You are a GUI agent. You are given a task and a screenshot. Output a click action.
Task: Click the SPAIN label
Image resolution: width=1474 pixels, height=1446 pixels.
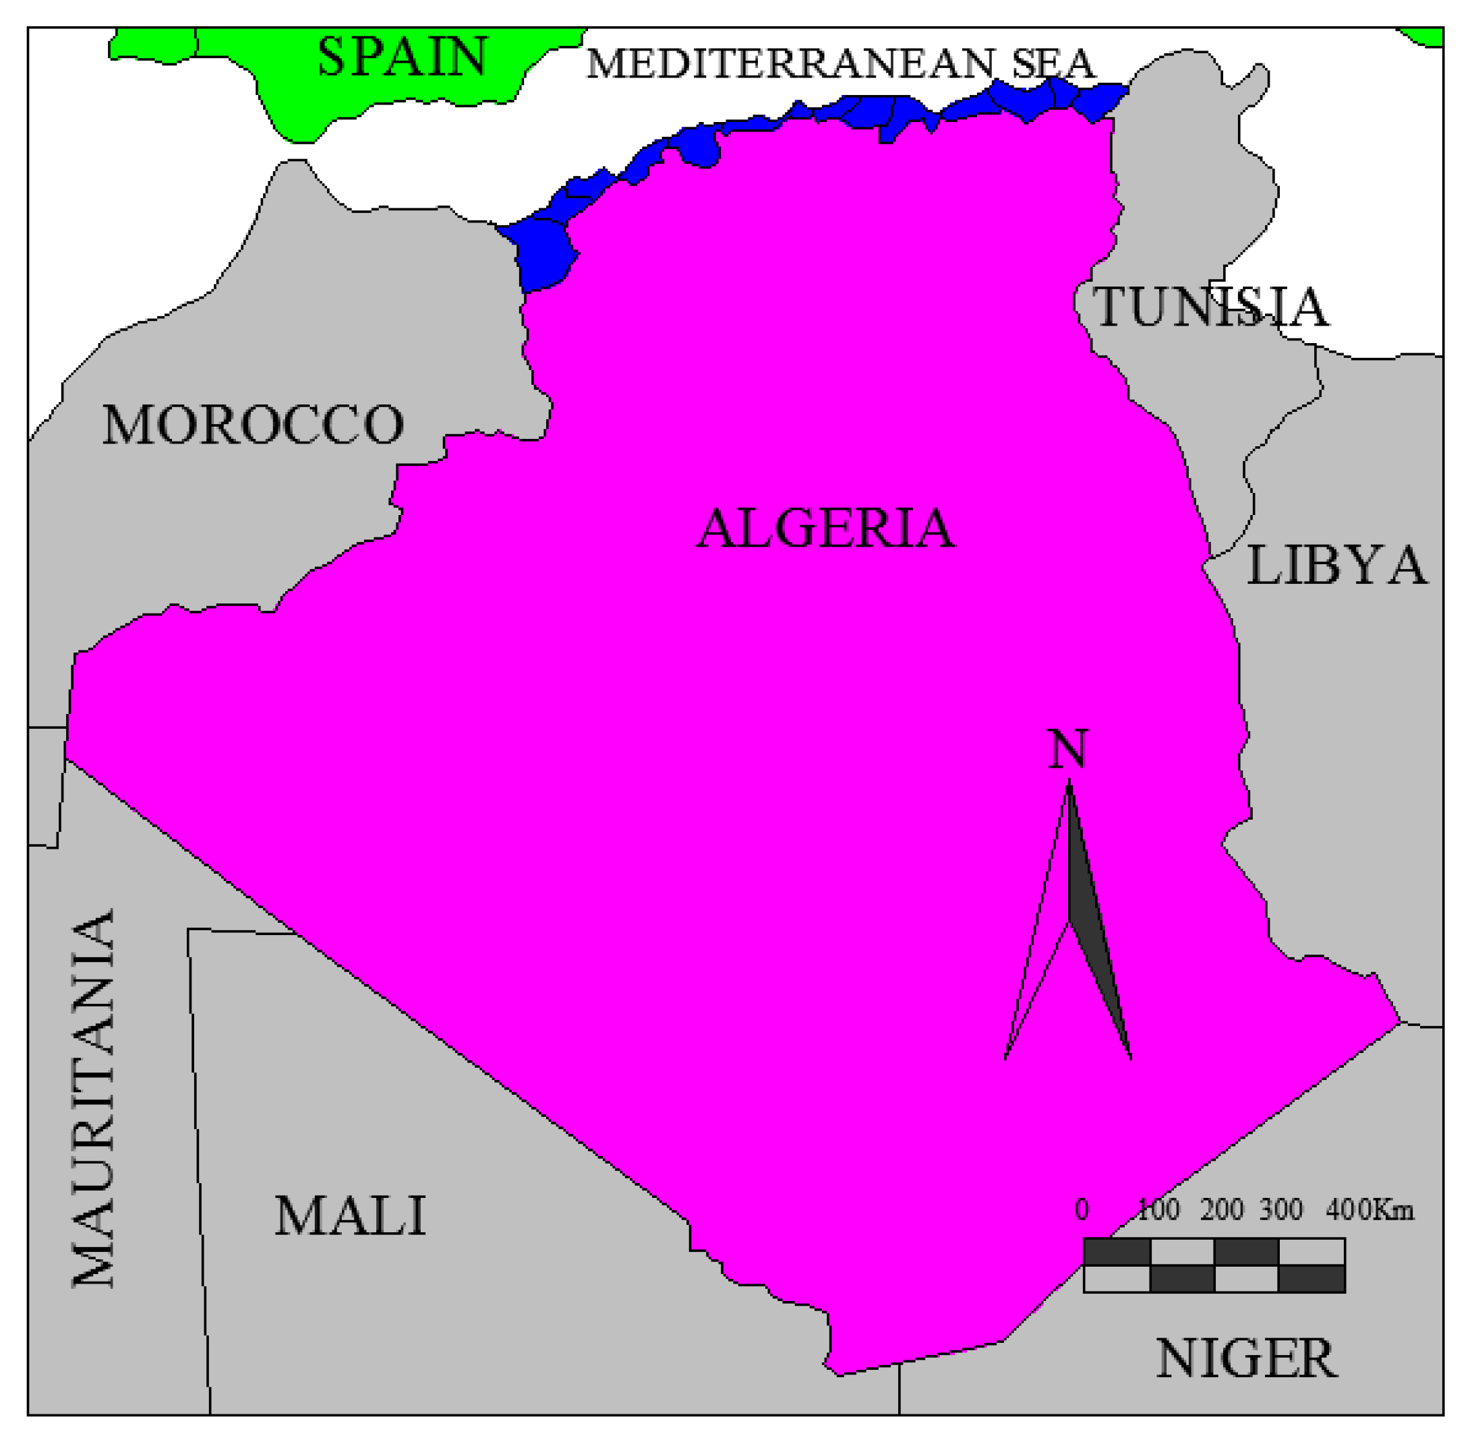click(403, 56)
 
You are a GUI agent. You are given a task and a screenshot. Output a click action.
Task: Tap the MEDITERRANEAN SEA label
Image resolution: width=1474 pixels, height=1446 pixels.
click(840, 64)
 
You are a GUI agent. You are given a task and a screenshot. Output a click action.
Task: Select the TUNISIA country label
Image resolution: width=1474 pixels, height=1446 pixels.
click(1210, 307)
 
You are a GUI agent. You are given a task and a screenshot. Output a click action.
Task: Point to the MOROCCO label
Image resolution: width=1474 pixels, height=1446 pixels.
click(253, 425)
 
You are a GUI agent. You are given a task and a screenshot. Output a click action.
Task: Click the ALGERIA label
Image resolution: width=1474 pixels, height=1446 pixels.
click(826, 529)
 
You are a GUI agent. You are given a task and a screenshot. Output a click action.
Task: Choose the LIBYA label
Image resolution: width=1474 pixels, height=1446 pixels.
click(1336, 566)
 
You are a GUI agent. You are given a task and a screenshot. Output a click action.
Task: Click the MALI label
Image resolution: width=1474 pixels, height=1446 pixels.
click(350, 1216)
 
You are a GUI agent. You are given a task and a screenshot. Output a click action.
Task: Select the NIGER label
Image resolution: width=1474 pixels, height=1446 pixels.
click(1246, 1358)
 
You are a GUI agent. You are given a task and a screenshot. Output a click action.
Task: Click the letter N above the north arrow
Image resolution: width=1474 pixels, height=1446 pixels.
click(1068, 750)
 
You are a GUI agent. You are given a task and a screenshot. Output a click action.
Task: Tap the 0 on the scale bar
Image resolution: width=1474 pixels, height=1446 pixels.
click(1081, 1210)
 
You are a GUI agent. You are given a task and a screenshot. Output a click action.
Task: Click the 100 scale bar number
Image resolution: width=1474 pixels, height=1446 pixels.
click(1158, 1210)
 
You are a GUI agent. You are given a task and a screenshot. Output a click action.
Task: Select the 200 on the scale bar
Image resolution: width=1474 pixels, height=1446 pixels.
click(1222, 1210)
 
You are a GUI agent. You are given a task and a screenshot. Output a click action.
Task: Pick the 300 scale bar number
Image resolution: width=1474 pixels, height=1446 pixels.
click(1282, 1210)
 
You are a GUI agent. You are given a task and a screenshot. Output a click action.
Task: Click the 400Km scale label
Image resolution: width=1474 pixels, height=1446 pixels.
click(1370, 1210)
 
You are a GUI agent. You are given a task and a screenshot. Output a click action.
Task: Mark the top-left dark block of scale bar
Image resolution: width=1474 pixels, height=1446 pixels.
click(1116, 1253)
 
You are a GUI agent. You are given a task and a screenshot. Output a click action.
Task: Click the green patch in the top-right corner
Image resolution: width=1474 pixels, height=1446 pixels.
click(1425, 35)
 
